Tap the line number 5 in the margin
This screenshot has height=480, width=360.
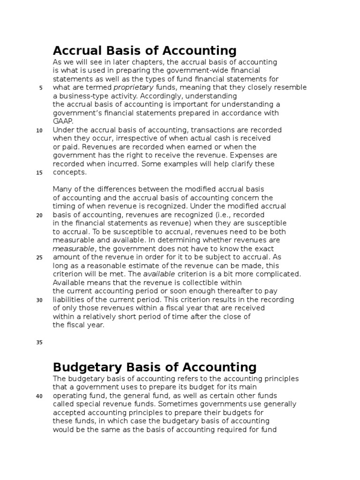(x=41, y=88)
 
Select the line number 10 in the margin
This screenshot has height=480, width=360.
(x=39, y=130)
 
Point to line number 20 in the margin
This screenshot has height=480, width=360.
(x=39, y=215)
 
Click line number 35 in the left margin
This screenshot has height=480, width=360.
(x=39, y=343)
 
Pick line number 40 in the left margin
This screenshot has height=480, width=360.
(x=39, y=396)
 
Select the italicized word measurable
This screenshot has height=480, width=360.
(x=74, y=249)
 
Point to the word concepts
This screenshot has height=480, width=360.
(x=69, y=172)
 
